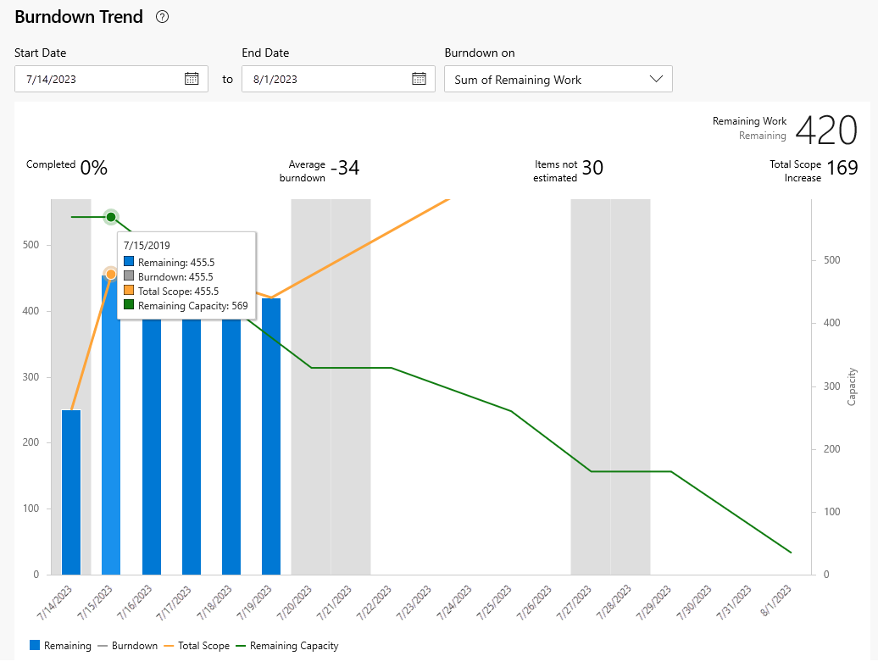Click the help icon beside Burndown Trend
[x=163, y=17]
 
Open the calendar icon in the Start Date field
[x=192, y=79]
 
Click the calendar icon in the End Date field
[x=419, y=79]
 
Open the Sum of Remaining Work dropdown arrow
[x=656, y=79]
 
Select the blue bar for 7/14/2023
[x=71, y=492]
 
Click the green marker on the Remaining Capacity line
[x=111, y=217]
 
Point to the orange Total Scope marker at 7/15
[x=111, y=274]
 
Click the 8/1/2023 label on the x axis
[x=781, y=603]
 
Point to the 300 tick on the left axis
[x=31, y=377]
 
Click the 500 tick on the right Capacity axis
[x=831, y=260]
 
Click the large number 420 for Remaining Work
[x=826, y=131]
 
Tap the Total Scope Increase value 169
[x=842, y=168]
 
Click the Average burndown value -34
[x=344, y=168]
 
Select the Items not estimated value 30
[x=592, y=168]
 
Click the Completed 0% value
[x=93, y=168]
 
